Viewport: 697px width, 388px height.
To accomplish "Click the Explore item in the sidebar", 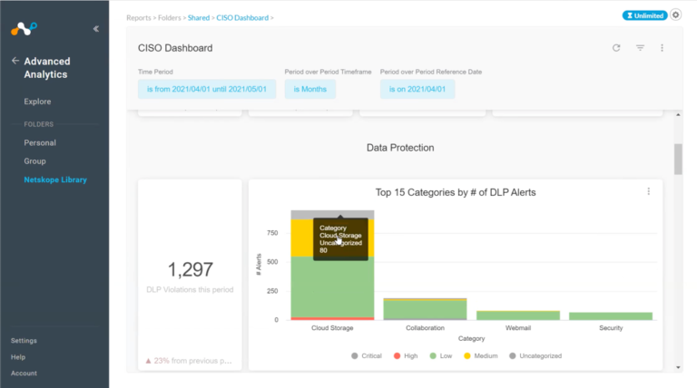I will (x=37, y=102).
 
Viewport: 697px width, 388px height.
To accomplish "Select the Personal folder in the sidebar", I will (x=40, y=142).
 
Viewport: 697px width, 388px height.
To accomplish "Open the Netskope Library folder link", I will (x=55, y=179).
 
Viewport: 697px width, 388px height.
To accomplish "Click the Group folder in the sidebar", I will (x=34, y=160).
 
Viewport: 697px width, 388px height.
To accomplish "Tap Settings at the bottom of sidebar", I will (x=25, y=341).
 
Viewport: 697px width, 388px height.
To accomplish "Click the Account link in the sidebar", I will (x=24, y=373).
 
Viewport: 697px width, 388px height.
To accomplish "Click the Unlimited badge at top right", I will (x=643, y=15).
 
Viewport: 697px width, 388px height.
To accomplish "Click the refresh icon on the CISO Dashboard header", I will (x=616, y=48).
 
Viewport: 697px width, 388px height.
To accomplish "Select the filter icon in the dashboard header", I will (x=640, y=48).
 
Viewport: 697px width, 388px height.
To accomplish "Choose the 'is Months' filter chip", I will (x=309, y=89).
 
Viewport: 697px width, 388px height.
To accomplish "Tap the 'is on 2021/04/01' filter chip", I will (x=417, y=89).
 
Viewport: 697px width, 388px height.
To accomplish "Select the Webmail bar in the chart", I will (x=517, y=315).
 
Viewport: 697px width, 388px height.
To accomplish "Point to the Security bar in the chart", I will (x=611, y=315).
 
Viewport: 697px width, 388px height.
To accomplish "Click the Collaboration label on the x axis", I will (x=425, y=328).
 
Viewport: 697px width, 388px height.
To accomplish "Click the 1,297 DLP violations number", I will (x=191, y=268).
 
